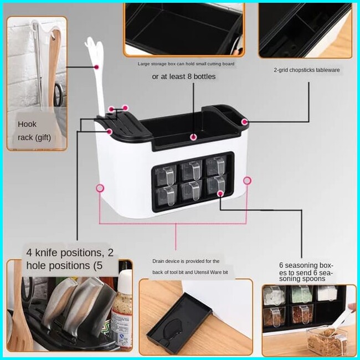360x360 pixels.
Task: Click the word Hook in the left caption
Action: [x=27, y=124]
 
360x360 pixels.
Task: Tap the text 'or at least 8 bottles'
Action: [x=184, y=76]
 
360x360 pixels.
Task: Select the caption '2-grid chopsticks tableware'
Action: [x=306, y=70]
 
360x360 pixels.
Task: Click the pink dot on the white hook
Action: [x=97, y=67]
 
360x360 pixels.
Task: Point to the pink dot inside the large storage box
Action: [x=193, y=136]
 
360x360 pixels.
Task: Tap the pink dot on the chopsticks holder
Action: [x=245, y=121]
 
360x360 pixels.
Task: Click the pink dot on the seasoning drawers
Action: [x=220, y=193]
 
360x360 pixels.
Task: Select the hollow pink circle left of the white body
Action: [x=100, y=188]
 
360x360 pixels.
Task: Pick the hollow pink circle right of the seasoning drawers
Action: [x=248, y=181]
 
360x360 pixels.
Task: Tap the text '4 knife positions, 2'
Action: [x=70, y=253]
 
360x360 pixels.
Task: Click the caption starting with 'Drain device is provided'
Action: [x=186, y=261]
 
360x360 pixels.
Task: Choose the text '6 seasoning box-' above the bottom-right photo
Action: [x=306, y=265]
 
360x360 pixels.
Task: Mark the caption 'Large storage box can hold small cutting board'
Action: [x=186, y=64]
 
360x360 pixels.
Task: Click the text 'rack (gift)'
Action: [x=34, y=137]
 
